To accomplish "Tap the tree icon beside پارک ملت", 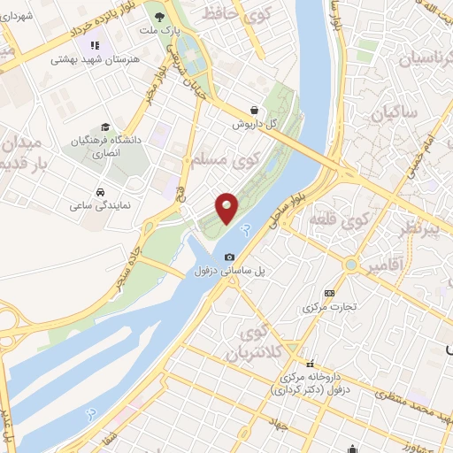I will [x=158, y=16].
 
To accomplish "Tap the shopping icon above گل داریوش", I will [x=255, y=110].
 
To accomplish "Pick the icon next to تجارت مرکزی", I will [x=330, y=293].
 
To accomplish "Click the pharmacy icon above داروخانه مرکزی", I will [x=310, y=364].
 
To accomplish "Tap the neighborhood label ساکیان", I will [x=393, y=114].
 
